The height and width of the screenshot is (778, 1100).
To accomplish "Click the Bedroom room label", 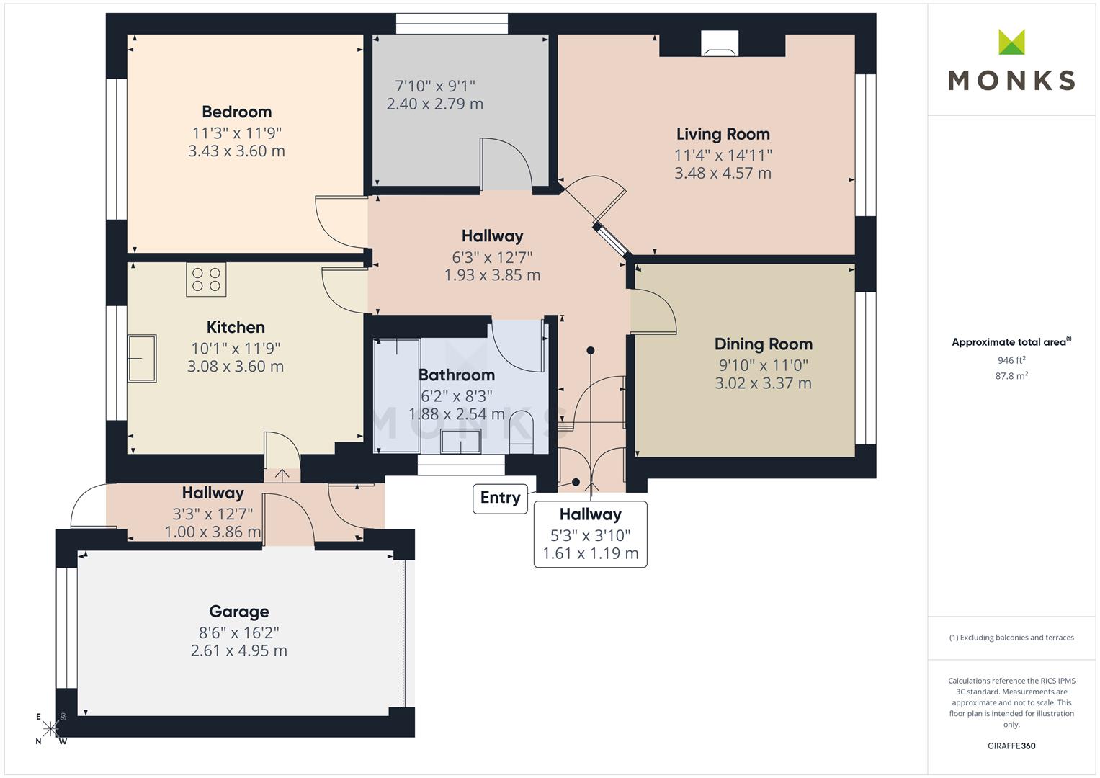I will pos(236,112).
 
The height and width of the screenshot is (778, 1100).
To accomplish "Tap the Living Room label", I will pos(723,135).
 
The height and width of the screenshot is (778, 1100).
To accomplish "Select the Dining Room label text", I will pos(763,344).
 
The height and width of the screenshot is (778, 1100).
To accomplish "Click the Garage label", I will pos(238,612).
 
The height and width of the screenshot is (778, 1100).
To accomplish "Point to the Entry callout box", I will pos(500,498).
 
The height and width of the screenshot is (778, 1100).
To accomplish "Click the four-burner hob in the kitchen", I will pos(206,280).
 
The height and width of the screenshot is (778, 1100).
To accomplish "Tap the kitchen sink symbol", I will pos(142,358).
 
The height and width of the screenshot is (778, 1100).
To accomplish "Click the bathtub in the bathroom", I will pos(396,395).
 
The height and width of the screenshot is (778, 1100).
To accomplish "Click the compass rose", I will pos(50,728).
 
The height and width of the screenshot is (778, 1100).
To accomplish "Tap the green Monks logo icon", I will pos(1011,43).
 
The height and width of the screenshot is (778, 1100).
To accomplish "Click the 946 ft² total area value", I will pos(1011,360).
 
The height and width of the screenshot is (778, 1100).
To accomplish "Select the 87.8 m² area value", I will pos(1011,375).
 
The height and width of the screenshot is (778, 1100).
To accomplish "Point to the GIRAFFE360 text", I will pos(1011,746).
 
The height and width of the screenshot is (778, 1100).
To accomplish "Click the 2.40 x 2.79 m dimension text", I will pos(434,104).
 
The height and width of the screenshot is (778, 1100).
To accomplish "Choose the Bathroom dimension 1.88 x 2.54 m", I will pos(456,414).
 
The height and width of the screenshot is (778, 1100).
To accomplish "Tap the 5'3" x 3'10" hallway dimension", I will pos(590,535).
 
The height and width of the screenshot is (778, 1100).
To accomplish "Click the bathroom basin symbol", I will pos(460,441).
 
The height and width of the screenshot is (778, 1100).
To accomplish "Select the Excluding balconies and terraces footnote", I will pos(1011,638).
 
